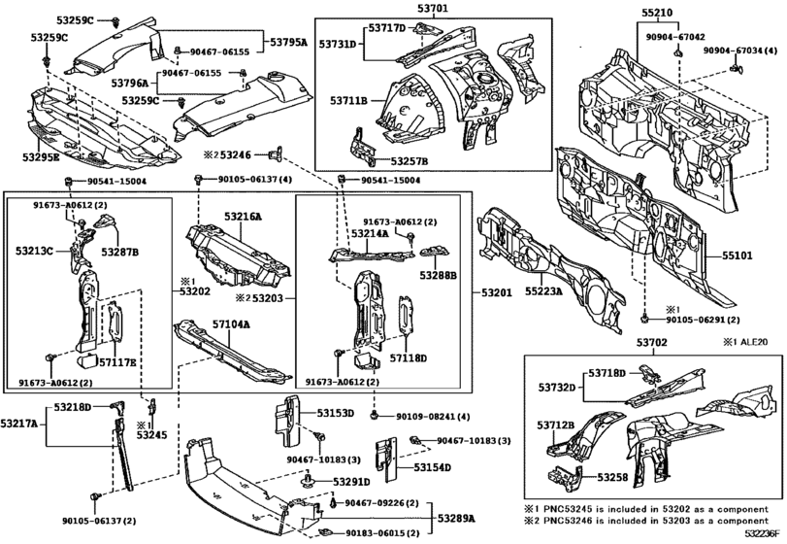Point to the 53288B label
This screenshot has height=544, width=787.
pos(440,275)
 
